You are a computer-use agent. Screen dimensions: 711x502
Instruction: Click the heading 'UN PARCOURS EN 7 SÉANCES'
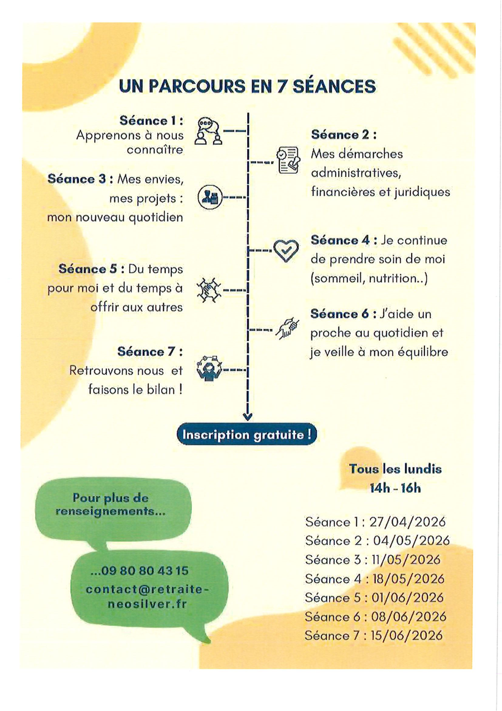pyautogui.click(x=247, y=86)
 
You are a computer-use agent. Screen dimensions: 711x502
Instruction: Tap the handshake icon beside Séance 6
pyautogui.click(x=287, y=329)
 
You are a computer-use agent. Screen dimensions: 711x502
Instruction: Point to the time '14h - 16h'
pyautogui.click(x=395, y=488)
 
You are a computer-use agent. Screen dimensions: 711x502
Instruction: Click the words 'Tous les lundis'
pyautogui.click(x=395, y=469)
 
